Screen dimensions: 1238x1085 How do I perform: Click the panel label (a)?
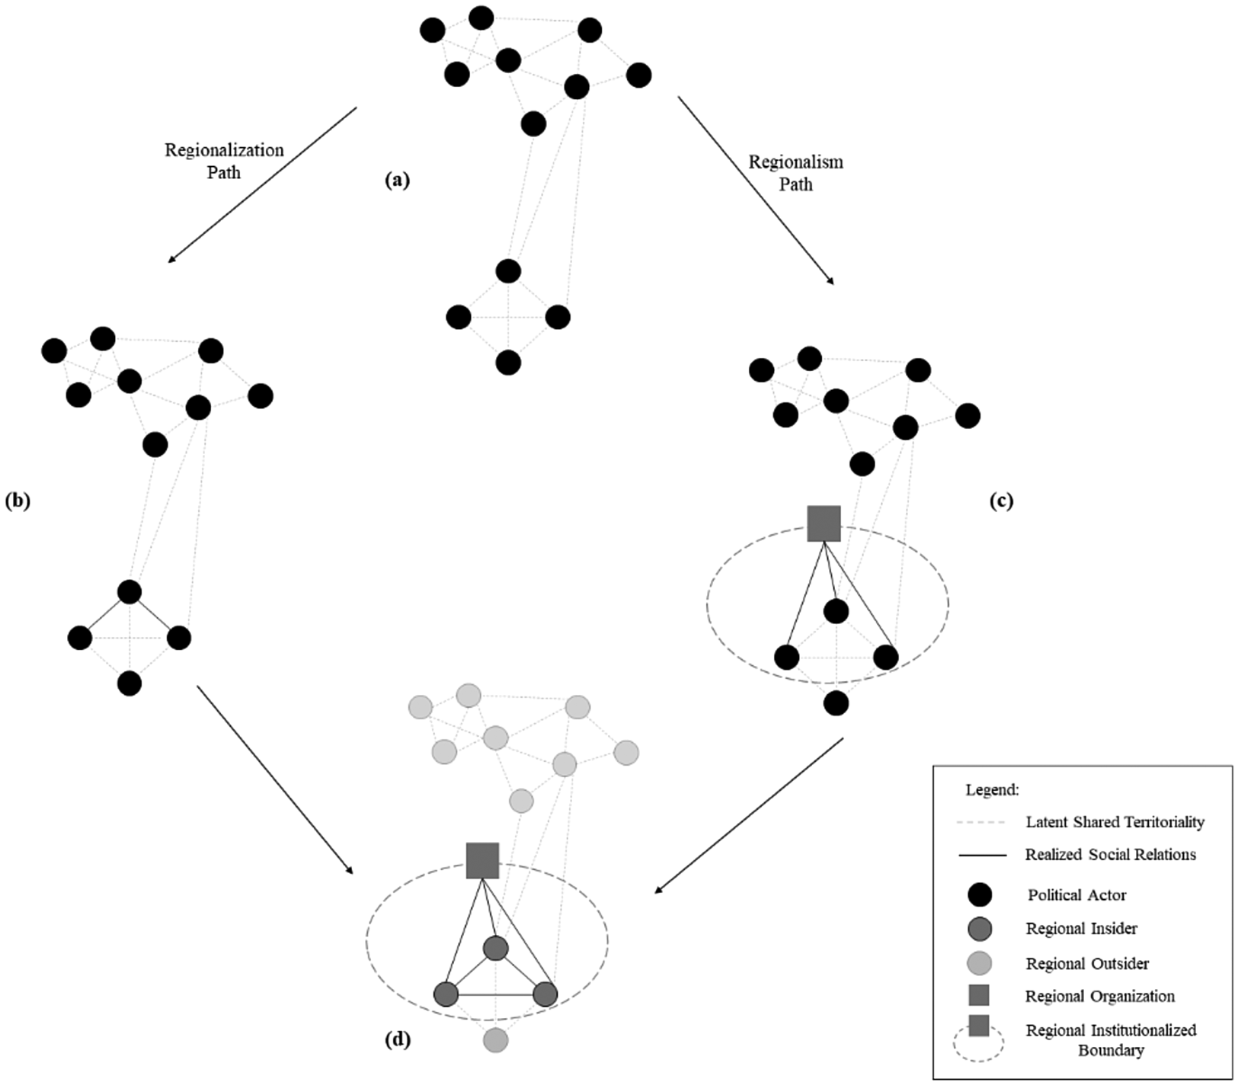click(397, 181)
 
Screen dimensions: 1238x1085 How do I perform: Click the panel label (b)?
click(18, 501)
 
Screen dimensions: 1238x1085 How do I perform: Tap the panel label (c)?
click(1001, 501)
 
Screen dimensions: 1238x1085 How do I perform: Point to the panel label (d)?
click(398, 1039)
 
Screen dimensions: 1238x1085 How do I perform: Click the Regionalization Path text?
click(224, 161)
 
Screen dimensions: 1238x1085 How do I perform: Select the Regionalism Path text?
click(795, 173)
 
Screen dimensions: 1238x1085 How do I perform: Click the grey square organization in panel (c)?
click(824, 523)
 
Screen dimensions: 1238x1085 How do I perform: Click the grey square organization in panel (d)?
click(482, 861)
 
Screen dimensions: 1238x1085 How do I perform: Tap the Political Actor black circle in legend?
click(979, 895)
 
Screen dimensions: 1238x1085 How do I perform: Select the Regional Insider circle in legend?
click(979, 929)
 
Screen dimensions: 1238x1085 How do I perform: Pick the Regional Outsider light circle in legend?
click(979, 963)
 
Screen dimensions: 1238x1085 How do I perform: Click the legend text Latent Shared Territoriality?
click(1115, 822)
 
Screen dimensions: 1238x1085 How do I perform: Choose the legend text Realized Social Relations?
click(1111, 855)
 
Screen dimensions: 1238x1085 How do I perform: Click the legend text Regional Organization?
click(1100, 997)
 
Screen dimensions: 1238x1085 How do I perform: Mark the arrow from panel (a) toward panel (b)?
click(262, 185)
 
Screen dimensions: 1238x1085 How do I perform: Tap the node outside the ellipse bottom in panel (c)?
click(836, 703)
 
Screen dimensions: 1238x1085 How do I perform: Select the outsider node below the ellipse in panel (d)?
click(495, 1040)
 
